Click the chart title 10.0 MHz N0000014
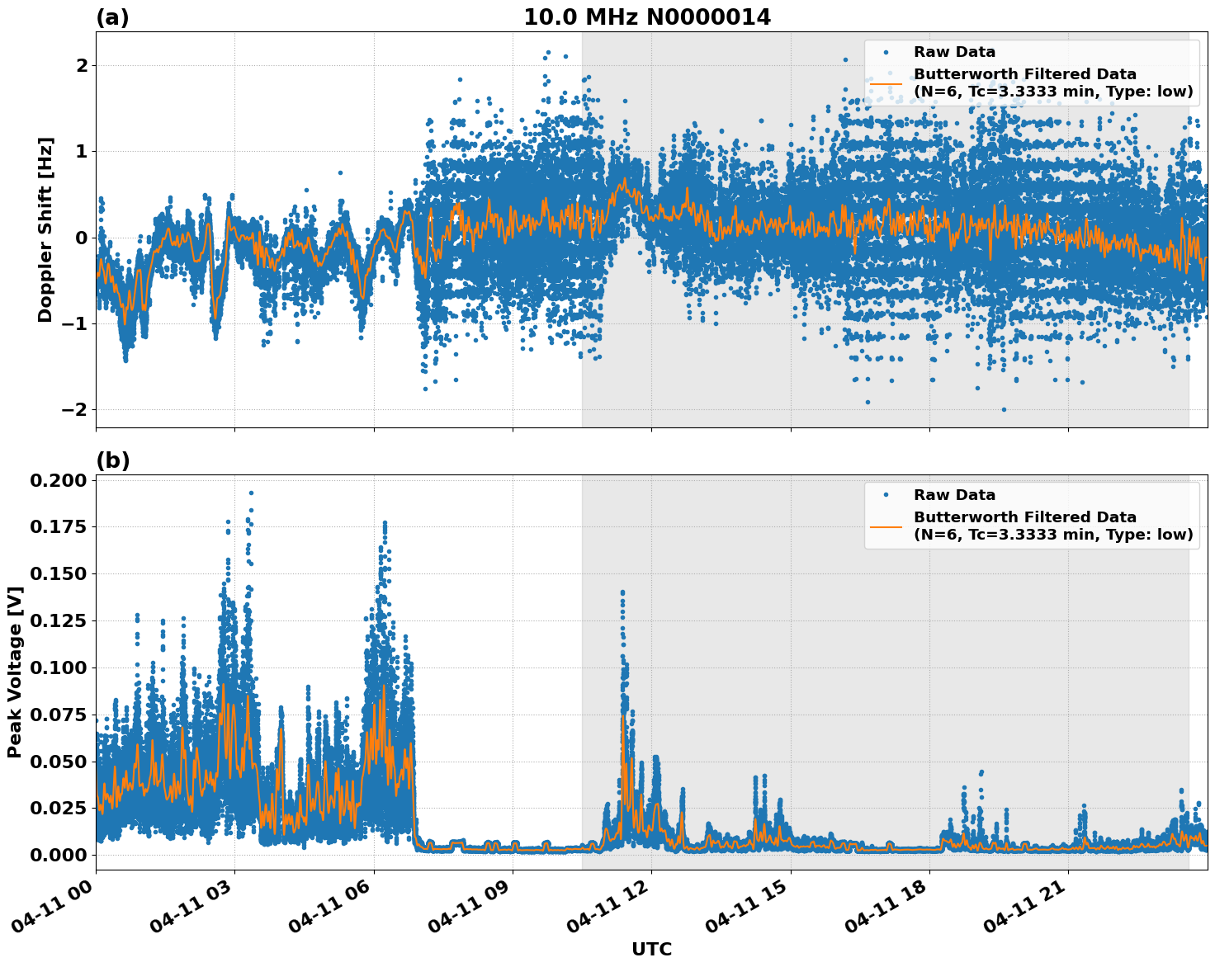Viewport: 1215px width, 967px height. pyautogui.click(x=647, y=17)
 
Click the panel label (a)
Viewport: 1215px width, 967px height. pyautogui.click(x=112, y=17)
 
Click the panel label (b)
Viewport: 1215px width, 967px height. pyautogui.click(x=112, y=460)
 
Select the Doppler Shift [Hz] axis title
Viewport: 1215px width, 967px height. pyautogui.click(x=45, y=229)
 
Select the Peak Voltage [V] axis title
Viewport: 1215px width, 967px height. pyautogui.click(x=14, y=672)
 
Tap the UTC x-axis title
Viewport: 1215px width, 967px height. pyautogui.click(x=651, y=949)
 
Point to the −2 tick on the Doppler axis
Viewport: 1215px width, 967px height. pyautogui.click(x=73, y=409)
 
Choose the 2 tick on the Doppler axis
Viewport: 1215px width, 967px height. pyautogui.click(x=81, y=65)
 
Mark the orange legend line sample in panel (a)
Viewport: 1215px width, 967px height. pyautogui.click(x=886, y=83)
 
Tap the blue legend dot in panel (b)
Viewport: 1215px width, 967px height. pyautogui.click(x=886, y=495)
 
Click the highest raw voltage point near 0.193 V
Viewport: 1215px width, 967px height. pyautogui.click(x=251, y=493)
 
